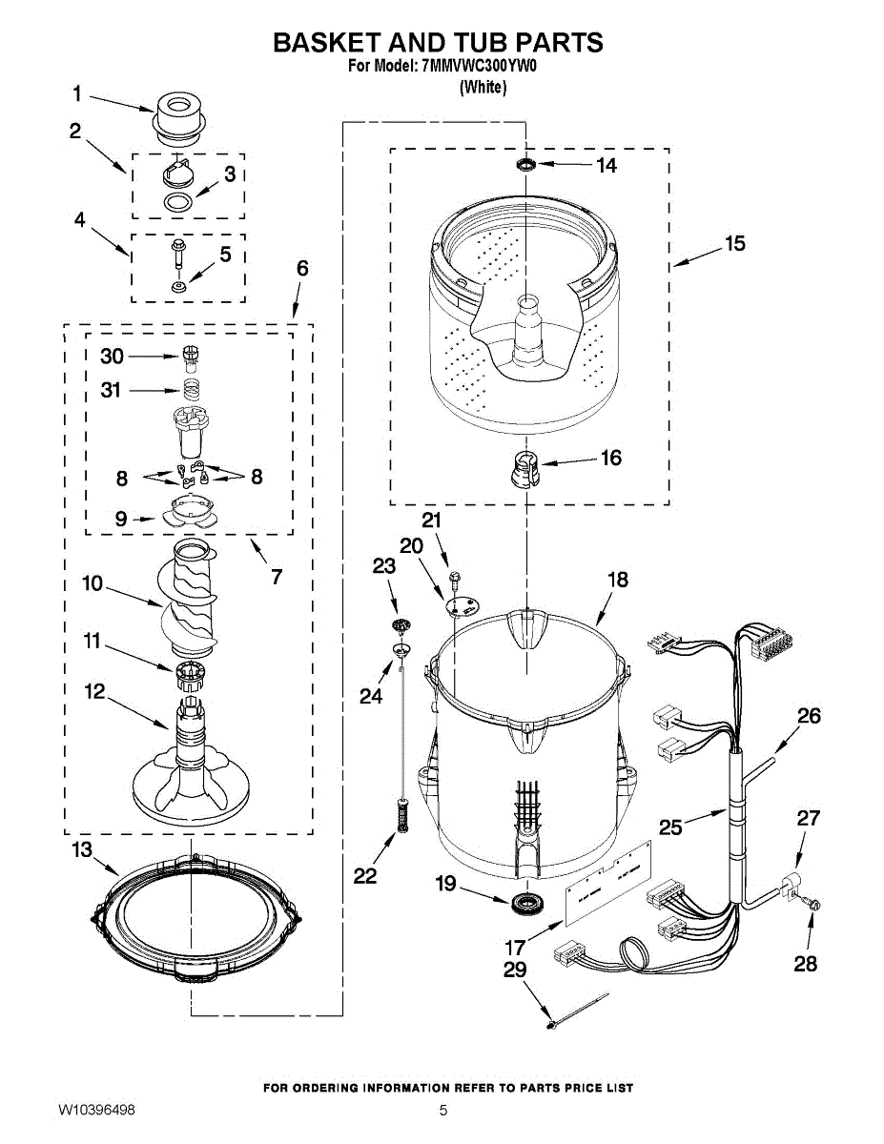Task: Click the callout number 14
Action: click(x=606, y=165)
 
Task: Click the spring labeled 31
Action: click(x=191, y=389)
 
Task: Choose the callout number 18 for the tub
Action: click(x=618, y=580)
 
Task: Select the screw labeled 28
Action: click(x=813, y=904)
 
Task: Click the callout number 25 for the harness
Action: click(x=671, y=827)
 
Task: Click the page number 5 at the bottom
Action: click(x=443, y=1111)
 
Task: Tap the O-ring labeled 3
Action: click(x=176, y=202)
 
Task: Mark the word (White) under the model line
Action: click(x=483, y=88)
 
